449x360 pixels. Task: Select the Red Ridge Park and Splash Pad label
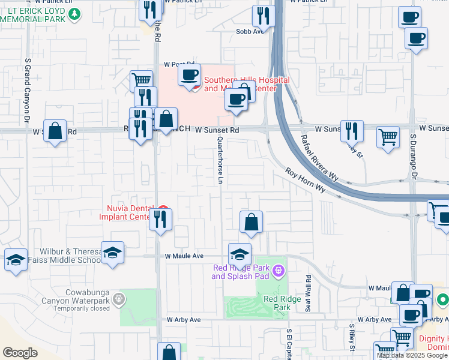(x=240, y=272)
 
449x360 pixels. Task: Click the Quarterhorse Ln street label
(x=221, y=160)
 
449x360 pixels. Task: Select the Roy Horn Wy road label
(x=305, y=181)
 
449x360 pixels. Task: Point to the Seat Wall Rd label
(x=309, y=292)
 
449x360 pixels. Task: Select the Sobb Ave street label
(x=250, y=31)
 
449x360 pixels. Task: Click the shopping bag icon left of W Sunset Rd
(x=55, y=131)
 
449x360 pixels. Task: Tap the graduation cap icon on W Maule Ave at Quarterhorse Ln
(x=240, y=254)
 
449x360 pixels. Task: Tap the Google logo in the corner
(x=19, y=353)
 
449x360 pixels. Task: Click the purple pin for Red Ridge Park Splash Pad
(x=277, y=272)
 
